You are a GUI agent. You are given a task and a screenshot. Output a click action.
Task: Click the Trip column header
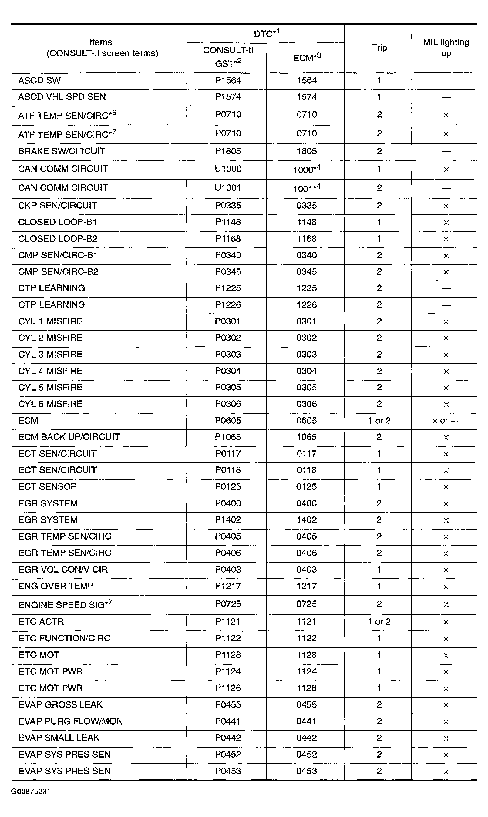[x=379, y=48]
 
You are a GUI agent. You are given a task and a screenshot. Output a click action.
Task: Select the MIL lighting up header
[x=446, y=48]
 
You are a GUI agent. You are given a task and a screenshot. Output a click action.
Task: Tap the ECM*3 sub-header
[x=307, y=58]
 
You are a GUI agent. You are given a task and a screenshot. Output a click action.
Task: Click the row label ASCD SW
[x=39, y=81]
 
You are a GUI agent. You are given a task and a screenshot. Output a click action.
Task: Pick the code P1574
[x=228, y=97]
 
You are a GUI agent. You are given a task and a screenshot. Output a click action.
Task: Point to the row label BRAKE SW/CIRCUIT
[x=62, y=151]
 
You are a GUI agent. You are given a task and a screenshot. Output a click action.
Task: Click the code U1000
[x=228, y=169]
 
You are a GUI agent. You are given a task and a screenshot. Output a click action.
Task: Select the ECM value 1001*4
[x=307, y=188]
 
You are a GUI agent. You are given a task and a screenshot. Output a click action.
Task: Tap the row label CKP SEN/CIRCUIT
[x=58, y=206]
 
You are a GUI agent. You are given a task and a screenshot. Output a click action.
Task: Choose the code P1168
[x=228, y=239]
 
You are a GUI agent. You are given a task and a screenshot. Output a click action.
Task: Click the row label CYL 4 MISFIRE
[x=50, y=371]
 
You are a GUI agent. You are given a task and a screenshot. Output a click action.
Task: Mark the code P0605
[x=228, y=421]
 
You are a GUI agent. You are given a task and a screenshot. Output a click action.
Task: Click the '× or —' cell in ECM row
[x=446, y=421]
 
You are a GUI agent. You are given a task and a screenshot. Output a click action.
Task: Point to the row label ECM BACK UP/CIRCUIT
[x=69, y=437]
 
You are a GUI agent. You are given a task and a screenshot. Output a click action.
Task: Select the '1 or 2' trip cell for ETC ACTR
[x=379, y=622]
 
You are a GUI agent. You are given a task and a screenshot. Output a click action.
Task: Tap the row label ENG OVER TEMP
[x=56, y=586]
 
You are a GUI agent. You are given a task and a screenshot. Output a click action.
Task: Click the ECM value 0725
[x=307, y=604]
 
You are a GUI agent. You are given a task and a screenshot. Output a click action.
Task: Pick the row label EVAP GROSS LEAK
[x=60, y=704]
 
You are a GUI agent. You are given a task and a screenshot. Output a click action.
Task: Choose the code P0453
[x=228, y=771]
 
